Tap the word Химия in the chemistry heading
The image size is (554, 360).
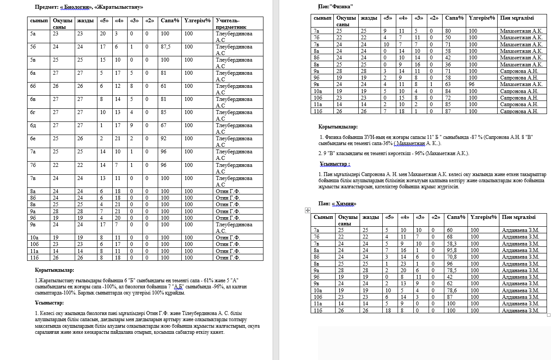click(344, 204)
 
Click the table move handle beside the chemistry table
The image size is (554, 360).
click(308, 210)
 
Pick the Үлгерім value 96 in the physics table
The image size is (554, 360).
click(471, 84)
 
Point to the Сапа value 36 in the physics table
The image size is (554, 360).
click(448, 64)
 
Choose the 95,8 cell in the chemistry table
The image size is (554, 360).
click(452, 250)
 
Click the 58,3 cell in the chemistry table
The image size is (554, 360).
click(452, 244)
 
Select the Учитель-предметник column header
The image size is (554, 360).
click(228, 24)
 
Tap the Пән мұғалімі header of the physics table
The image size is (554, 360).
click(517, 18)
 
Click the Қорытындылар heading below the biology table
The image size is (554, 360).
click(55, 270)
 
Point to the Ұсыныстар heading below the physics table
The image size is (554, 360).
click(335, 164)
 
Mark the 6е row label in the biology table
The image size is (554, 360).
click(33, 138)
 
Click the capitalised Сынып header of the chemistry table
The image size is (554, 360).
click(323, 217)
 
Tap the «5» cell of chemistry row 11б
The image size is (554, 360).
click(388, 311)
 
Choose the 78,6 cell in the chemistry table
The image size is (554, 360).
click(452, 291)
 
